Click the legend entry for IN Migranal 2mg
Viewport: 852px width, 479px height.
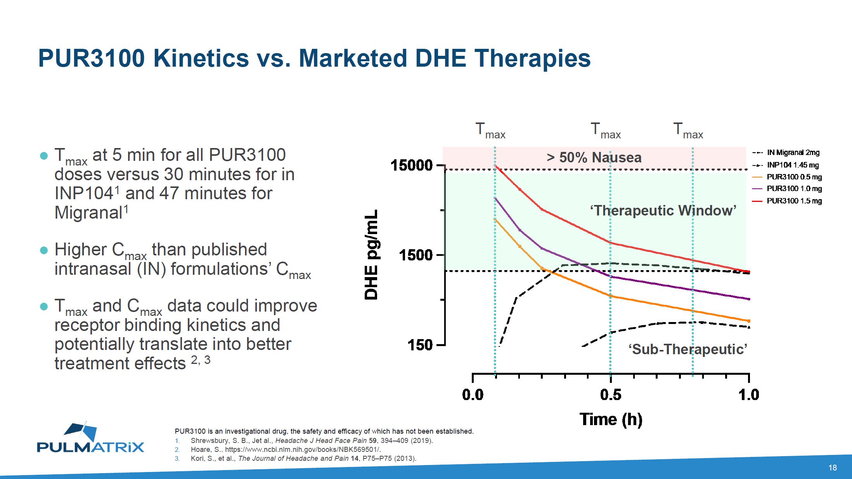(786, 153)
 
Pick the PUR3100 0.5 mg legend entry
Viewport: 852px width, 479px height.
(787, 177)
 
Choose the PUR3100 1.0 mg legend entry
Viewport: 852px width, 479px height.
(787, 189)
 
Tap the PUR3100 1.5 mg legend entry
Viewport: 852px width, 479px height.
(787, 201)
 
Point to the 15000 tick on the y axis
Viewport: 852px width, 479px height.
(412, 165)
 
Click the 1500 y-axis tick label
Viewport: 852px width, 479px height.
(416, 255)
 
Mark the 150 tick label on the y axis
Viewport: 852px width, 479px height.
(420, 345)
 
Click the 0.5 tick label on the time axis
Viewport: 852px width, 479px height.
(611, 395)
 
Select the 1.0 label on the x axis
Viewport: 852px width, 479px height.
(749, 395)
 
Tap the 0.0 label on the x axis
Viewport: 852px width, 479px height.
(473, 395)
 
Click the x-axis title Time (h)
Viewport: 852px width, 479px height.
(611, 420)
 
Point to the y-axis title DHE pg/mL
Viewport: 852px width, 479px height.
(371, 255)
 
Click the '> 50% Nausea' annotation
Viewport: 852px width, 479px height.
(594, 158)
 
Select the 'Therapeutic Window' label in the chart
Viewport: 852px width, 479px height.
(663, 211)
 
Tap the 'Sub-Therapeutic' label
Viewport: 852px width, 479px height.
(688, 350)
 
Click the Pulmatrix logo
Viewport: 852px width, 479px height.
(90, 438)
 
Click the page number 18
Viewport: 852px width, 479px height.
(833, 468)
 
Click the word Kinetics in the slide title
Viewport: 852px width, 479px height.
(201, 59)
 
